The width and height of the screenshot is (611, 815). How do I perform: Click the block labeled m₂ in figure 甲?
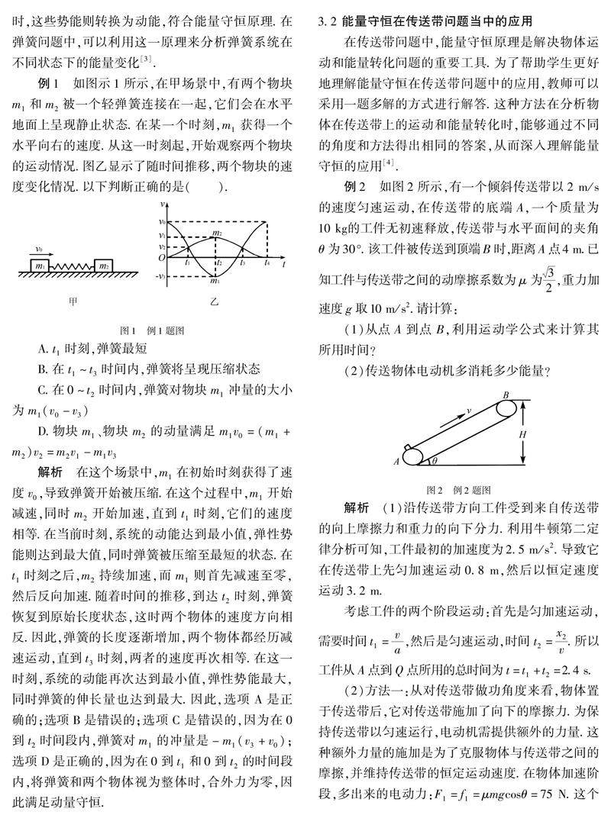[x=104, y=265]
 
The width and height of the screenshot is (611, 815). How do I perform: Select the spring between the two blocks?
[x=73, y=266]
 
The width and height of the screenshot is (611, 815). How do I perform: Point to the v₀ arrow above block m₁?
[x=39, y=250]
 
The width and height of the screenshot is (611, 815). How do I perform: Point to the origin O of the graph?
[x=162, y=259]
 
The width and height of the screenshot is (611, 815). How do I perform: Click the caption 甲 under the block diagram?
[x=73, y=301]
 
